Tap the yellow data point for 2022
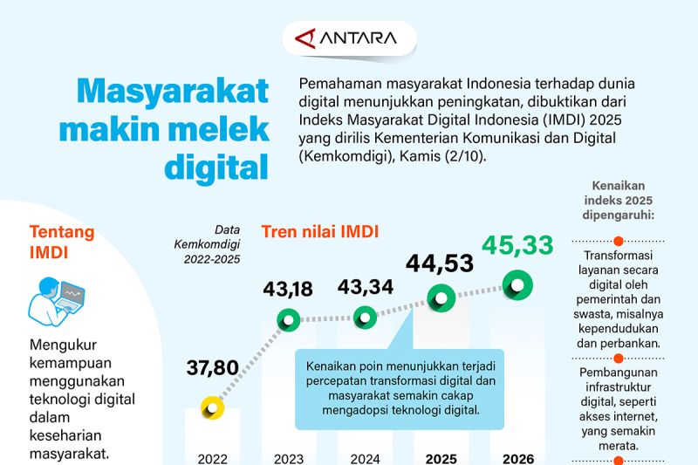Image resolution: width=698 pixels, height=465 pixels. point(212,407)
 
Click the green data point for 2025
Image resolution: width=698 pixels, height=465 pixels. point(441,298)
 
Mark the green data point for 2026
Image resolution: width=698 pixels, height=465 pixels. point(517,284)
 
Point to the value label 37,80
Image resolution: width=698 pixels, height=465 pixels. point(212,367)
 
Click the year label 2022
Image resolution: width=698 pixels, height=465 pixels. point(213,458)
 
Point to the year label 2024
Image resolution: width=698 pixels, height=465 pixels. point(365,458)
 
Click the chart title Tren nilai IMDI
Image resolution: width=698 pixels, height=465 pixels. point(320,232)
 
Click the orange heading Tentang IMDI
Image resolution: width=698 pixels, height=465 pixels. point(62,242)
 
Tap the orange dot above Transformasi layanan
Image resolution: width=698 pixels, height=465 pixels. point(618,241)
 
